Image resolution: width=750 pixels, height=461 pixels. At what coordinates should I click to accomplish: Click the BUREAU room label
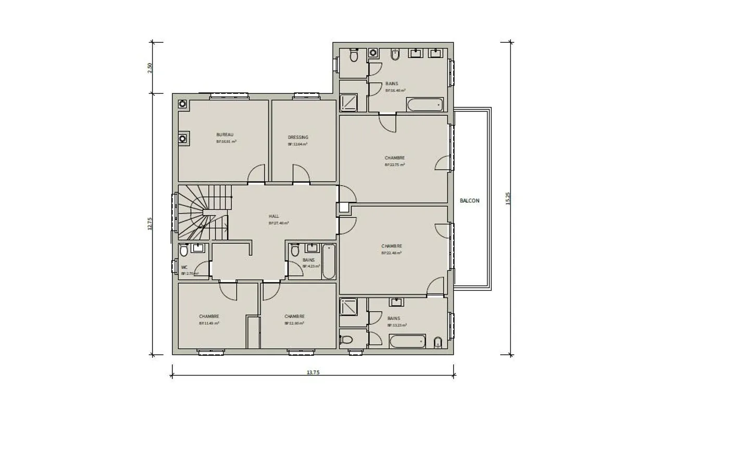click(225, 135)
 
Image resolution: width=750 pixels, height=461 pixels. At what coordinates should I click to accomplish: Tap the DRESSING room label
click(298, 138)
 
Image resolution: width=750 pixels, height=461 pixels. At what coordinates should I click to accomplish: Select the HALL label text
click(274, 216)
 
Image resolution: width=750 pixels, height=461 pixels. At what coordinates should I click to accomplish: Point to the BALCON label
click(470, 201)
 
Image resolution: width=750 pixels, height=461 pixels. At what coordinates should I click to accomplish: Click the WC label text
click(184, 267)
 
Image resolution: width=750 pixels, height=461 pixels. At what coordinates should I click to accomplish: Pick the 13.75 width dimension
click(312, 372)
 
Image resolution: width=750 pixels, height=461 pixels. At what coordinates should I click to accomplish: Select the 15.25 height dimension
click(508, 198)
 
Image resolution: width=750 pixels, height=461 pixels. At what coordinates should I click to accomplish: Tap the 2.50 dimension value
click(150, 68)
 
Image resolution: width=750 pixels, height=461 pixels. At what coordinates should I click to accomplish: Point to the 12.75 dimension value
click(150, 224)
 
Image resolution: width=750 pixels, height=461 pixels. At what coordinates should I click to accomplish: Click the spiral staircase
click(203, 214)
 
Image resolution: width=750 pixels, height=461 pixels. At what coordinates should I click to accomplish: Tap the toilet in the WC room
click(184, 252)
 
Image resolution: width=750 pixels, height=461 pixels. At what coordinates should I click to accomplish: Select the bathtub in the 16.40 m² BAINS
click(425, 105)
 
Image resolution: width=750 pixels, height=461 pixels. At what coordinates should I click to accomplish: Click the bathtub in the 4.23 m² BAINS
click(329, 261)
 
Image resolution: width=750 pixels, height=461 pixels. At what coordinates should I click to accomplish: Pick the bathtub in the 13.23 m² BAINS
click(407, 342)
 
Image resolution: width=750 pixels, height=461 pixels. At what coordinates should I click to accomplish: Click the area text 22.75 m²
click(395, 165)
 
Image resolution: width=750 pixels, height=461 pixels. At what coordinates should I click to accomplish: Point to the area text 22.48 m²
click(392, 253)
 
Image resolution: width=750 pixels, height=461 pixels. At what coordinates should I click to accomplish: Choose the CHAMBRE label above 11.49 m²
click(209, 316)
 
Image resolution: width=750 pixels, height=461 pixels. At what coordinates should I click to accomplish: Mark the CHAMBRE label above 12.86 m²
click(294, 316)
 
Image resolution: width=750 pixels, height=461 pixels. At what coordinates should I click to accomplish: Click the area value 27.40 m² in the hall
click(279, 223)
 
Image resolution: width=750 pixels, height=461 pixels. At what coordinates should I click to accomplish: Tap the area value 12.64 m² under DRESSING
click(297, 144)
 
